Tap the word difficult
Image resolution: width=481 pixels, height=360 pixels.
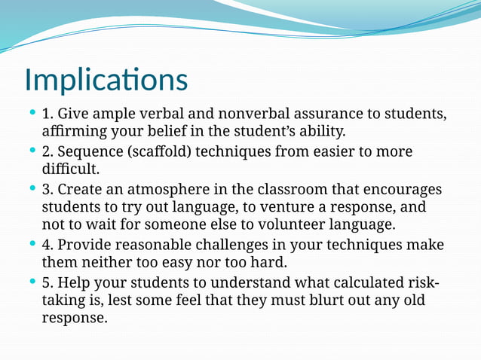[x=71, y=169]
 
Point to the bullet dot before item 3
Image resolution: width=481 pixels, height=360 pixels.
[x=32, y=188]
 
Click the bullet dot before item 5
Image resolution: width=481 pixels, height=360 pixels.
[x=32, y=281]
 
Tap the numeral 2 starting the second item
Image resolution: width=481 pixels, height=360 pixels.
[x=46, y=151]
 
